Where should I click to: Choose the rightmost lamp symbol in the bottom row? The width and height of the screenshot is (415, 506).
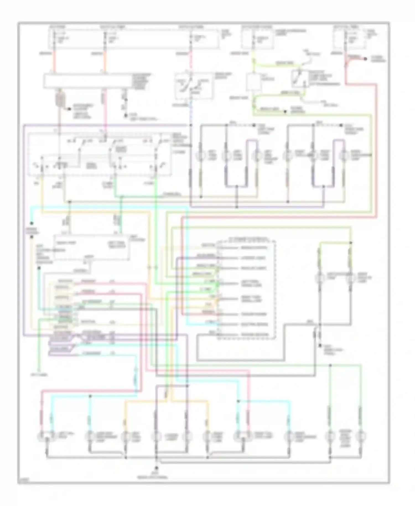tap(360, 437)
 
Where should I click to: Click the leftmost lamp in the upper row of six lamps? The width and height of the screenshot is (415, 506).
tap(201, 156)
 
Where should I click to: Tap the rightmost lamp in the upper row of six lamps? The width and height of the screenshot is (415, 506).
tap(344, 156)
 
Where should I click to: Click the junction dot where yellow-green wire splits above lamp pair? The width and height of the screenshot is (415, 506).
tap(351, 242)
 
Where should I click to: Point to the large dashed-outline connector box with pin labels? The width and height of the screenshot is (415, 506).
tap(246, 289)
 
